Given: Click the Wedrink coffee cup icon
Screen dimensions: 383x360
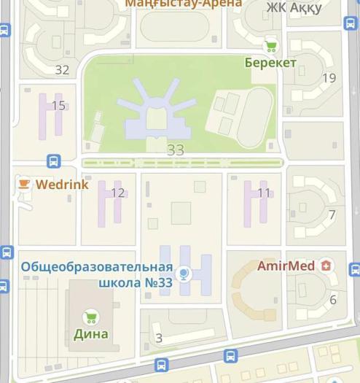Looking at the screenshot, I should pyautogui.click(x=24, y=184).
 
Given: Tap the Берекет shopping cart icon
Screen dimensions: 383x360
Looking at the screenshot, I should pyautogui.click(x=271, y=46).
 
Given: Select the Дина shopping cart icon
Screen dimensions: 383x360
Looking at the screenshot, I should pyautogui.click(x=90, y=317).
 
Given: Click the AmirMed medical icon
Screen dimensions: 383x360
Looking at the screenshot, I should pyautogui.click(x=325, y=266).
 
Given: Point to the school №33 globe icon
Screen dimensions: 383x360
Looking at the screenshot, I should pyautogui.click(x=184, y=274).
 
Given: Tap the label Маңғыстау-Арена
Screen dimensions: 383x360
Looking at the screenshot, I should pyautogui.click(x=184, y=4).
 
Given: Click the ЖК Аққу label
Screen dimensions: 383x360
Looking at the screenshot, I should pyautogui.click(x=294, y=7).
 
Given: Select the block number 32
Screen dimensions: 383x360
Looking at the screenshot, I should pyautogui.click(x=62, y=70).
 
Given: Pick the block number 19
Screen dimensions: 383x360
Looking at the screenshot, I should pyautogui.click(x=329, y=78).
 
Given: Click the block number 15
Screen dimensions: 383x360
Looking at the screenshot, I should pyautogui.click(x=58, y=106).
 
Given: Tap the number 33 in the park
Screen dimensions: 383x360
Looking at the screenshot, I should pyautogui.click(x=176, y=150).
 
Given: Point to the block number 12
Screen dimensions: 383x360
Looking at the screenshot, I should pyautogui.click(x=117, y=193).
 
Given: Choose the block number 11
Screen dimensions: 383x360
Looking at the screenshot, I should pyautogui.click(x=264, y=193).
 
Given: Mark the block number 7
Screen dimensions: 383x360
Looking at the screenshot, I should pyautogui.click(x=332, y=215).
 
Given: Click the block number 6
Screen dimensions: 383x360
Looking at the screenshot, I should pyautogui.click(x=333, y=300).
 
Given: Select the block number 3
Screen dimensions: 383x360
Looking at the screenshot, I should pyautogui.click(x=159, y=338).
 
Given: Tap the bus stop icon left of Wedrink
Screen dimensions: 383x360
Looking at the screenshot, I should pyautogui.click(x=53, y=161).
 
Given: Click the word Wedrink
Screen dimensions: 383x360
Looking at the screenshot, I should pyautogui.click(x=62, y=185).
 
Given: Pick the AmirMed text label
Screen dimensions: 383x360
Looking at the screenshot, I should pyautogui.click(x=286, y=266).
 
